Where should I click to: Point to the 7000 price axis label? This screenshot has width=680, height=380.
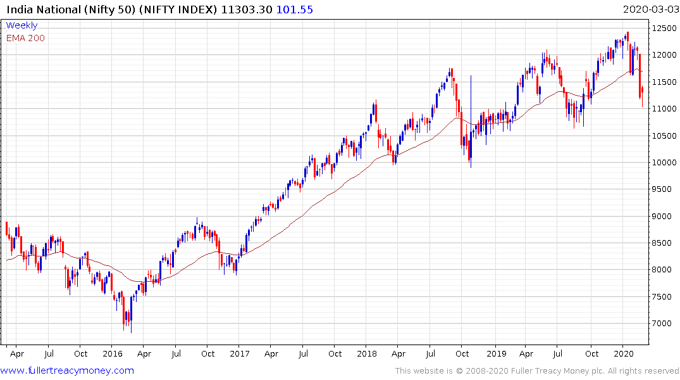point(664,324)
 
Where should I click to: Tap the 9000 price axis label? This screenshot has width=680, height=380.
point(664,217)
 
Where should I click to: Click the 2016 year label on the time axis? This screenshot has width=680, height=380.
point(112,353)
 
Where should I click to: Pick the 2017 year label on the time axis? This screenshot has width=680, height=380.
point(240,353)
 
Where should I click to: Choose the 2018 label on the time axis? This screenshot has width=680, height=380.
point(367,353)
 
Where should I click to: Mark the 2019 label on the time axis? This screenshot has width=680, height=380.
point(495,353)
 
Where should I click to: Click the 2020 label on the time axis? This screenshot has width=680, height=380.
point(624,353)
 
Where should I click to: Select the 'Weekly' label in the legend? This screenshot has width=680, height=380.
point(22,25)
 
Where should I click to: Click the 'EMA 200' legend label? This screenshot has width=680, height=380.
point(25,38)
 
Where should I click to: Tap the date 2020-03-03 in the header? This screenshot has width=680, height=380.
point(650,9)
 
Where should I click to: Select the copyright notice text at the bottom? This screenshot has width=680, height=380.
point(537,370)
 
